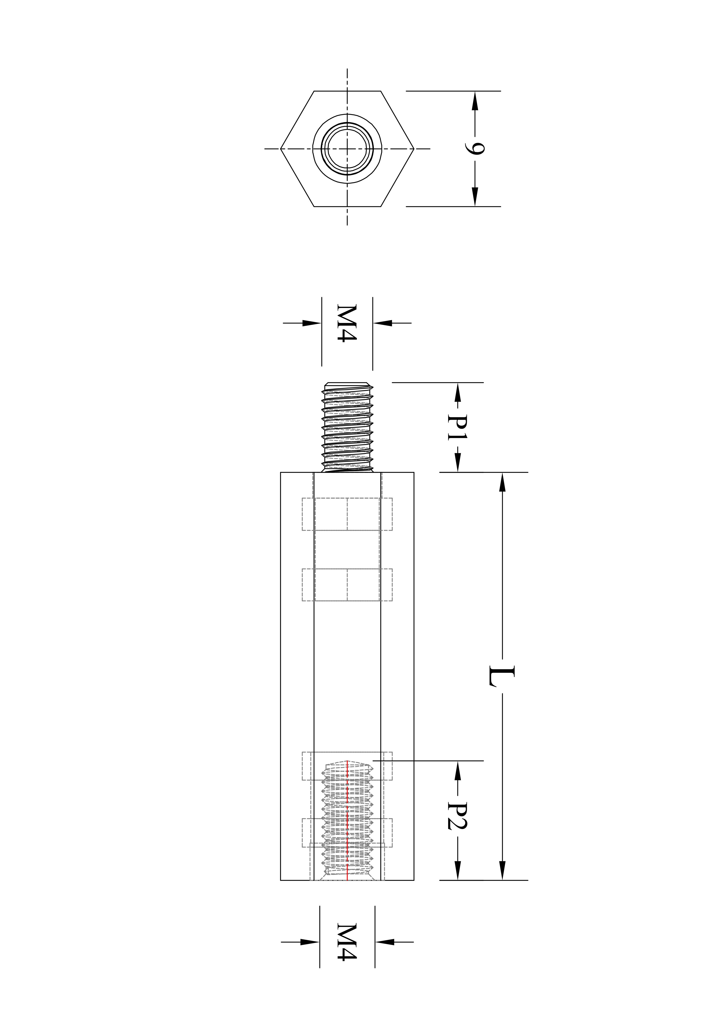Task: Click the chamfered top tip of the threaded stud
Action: tap(347, 384)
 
